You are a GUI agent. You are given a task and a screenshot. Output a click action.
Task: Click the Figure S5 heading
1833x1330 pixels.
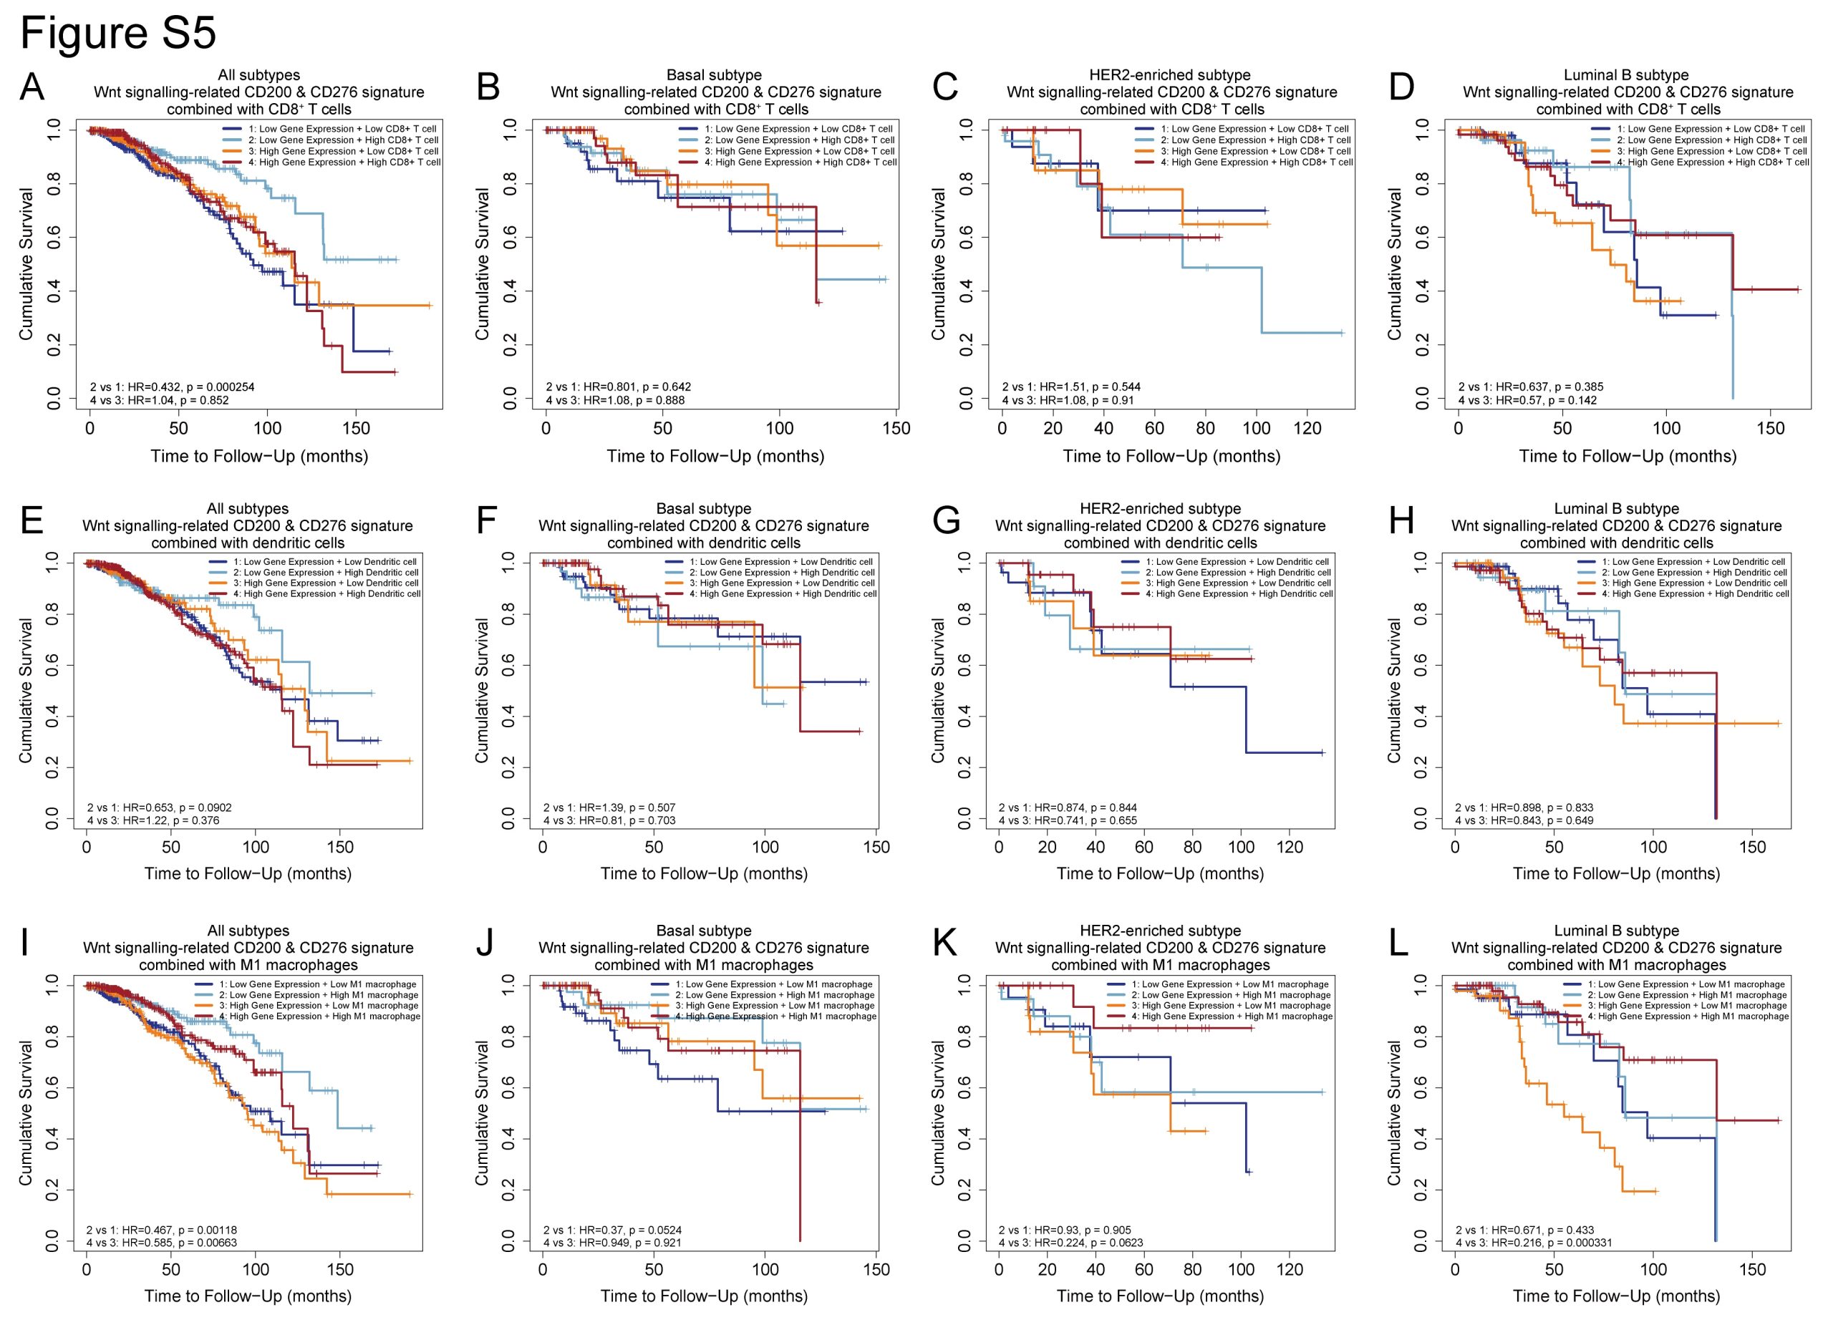tap(118, 34)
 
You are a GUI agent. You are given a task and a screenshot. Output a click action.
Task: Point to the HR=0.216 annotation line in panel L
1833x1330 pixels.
tap(1533, 1242)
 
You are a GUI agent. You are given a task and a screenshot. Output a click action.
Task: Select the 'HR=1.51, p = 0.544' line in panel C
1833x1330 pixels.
tap(1071, 387)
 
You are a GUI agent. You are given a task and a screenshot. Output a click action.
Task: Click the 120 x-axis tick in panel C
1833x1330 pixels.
tap(1307, 429)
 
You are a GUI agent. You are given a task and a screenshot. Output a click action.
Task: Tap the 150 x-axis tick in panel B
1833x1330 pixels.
tap(896, 429)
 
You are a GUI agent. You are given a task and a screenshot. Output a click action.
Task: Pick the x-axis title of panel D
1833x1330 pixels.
tap(1627, 457)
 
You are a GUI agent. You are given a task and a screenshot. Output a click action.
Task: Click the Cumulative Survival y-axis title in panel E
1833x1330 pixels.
tap(26, 690)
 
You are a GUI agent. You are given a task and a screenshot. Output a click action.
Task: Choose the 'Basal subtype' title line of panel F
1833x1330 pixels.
tap(703, 509)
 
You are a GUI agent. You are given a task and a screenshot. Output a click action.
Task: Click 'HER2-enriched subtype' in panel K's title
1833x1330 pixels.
tap(1160, 931)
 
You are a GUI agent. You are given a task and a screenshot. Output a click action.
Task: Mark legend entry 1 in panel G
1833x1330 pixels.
tap(1233, 562)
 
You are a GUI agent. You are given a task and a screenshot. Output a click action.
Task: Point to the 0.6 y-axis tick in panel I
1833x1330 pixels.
tap(52, 1087)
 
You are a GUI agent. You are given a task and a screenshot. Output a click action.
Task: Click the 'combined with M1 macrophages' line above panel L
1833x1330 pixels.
tap(1616, 965)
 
